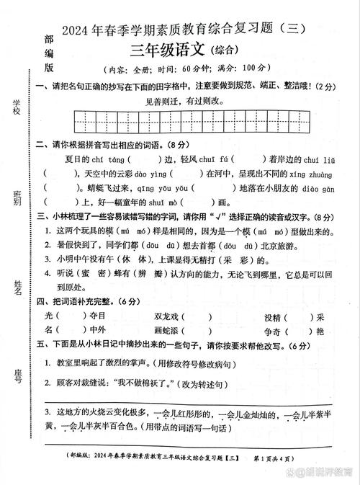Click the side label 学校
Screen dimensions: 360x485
[15, 104]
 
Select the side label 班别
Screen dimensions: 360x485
[15, 197]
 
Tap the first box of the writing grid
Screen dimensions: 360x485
[80, 120]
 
